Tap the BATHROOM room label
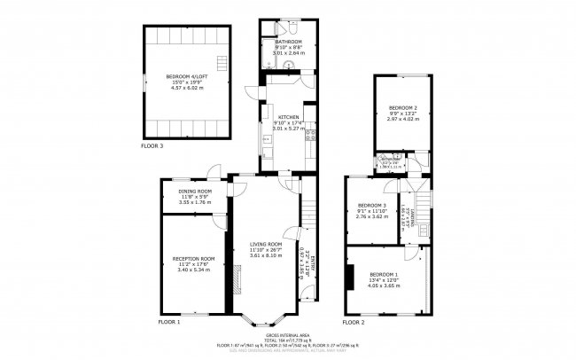tap(288, 42)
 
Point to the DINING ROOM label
tap(195, 192)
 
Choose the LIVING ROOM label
tap(265, 244)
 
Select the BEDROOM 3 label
tap(371, 205)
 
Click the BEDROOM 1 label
tap(384, 274)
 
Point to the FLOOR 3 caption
tap(152, 145)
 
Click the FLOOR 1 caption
tap(168, 322)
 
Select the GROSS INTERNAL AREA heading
tap(288, 333)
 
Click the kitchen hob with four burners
tap(311, 136)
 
